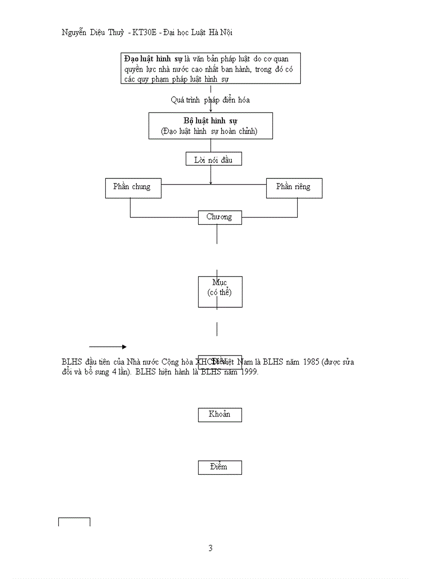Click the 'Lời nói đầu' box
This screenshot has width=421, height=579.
coord(214,160)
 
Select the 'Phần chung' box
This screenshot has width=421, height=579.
coord(133,188)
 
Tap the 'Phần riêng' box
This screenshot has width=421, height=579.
coord(294,188)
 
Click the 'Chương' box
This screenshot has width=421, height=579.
coord(220,217)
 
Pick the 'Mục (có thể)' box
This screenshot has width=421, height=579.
coord(220,292)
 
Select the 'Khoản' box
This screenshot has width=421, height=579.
coord(220,415)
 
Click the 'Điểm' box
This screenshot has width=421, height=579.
coord(220,467)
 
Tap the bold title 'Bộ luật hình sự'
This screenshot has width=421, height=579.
coord(211,121)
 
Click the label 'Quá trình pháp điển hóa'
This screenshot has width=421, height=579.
coord(211,100)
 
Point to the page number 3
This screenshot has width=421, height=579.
coord(211,548)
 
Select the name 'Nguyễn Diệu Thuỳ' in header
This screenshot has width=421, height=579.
coord(93,32)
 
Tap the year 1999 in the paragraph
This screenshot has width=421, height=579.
coord(247,372)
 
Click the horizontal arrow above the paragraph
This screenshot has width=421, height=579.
coord(107,347)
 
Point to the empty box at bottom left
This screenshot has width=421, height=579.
coord(74,522)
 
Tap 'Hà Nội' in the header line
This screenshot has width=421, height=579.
coord(220,32)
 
